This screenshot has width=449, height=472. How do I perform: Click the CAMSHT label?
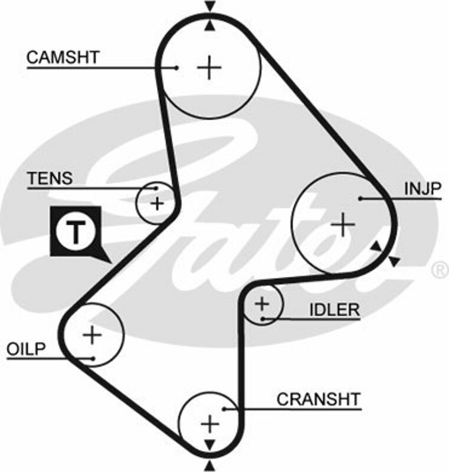[x=63, y=57]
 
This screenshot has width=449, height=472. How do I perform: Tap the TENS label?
[x=50, y=178]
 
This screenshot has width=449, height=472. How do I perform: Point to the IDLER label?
[x=334, y=310]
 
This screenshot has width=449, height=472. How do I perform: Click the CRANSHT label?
[x=318, y=399]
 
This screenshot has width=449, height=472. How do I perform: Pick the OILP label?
[x=26, y=349]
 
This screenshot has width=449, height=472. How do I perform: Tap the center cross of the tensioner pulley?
[x=157, y=204]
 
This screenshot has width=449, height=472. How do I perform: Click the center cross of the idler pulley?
[x=262, y=304]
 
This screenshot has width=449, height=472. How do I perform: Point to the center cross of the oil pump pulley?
[x=93, y=335]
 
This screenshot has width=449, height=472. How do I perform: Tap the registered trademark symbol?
[x=440, y=270]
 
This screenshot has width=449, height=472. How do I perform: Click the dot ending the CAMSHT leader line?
[x=176, y=67]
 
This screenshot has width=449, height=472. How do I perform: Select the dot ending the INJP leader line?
[x=360, y=198]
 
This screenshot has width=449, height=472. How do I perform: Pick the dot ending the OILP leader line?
[x=93, y=358]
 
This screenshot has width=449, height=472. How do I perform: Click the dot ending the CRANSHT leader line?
[x=225, y=408]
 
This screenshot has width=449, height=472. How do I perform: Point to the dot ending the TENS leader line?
[x=156, y=188]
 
